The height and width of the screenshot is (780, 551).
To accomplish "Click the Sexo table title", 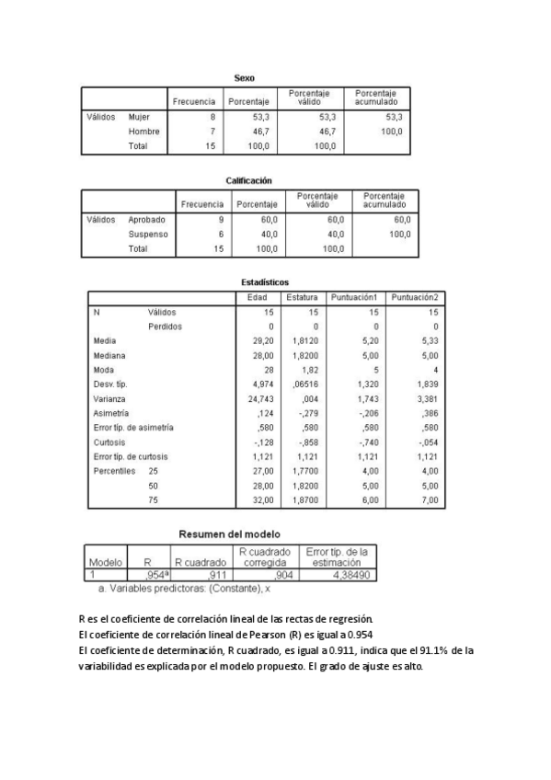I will click(x=244, y=78).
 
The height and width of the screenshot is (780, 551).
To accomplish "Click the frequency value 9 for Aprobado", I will click(x=221, y=220).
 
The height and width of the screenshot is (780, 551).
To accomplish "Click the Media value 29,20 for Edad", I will click(x=264, y=340).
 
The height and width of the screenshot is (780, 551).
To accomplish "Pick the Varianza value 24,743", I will click(x=262, y=399).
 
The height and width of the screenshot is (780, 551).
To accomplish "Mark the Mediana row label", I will click(x=109, y=355).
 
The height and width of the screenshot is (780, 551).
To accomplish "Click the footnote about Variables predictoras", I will click(x=180, y=586).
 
